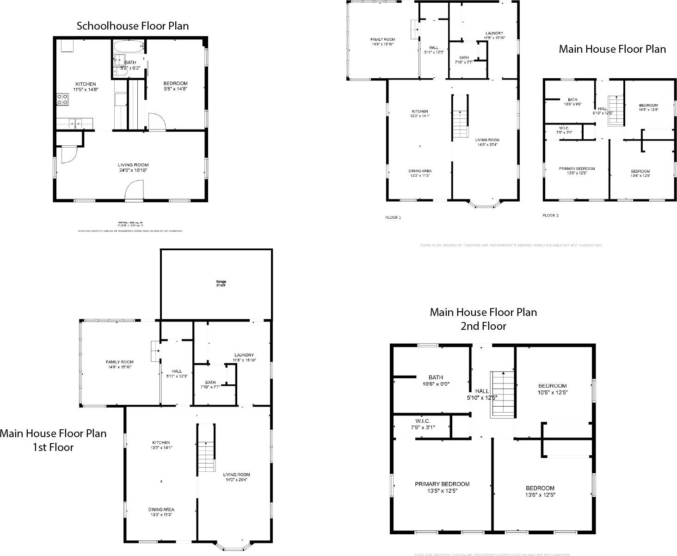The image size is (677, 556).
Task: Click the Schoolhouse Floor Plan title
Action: [133, 26]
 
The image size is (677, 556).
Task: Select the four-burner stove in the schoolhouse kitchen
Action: [62, 99]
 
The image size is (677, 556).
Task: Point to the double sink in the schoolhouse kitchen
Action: [75, 123]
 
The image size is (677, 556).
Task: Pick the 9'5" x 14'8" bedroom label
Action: [176, 86]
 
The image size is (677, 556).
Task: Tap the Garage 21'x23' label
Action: [221, 284]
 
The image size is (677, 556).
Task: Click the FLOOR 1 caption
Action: [393, 217]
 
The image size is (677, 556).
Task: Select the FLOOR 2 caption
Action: [550, 215]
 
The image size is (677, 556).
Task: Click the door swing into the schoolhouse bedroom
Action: [156, 121]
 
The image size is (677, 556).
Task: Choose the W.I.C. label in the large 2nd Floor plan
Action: [423, 424]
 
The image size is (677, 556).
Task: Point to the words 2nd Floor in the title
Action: [483, 326]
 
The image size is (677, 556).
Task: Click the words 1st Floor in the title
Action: [53, 447]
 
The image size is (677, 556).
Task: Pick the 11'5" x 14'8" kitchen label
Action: [86, 86]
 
